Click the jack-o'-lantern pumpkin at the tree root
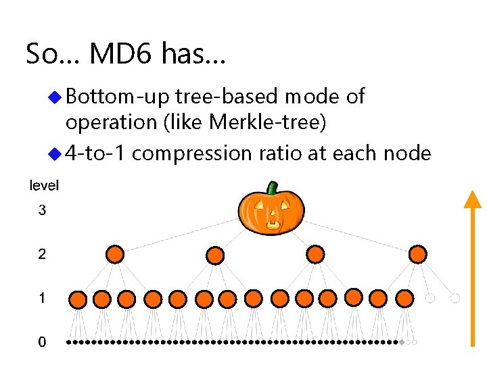271,210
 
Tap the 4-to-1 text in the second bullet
95,153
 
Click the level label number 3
43,211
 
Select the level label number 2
43,254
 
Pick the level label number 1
43,297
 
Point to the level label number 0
43,342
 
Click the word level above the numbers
45,185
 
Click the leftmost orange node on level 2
116,255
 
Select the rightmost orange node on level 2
418,254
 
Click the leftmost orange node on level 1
78,299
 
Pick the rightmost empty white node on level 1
455,297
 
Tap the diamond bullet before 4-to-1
57,154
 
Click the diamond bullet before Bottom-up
57,97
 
